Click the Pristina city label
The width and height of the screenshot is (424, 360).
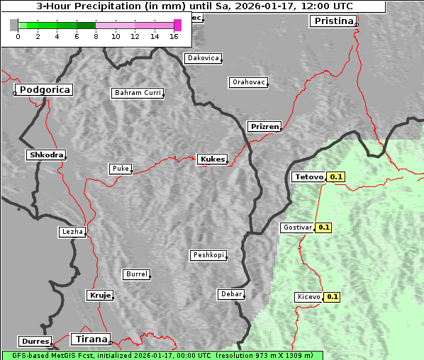point(333,21)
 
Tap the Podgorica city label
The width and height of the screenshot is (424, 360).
point(45,90)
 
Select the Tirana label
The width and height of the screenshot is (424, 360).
point(90,339)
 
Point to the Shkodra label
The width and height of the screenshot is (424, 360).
point(46,154)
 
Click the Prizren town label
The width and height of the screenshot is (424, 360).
point(264,127)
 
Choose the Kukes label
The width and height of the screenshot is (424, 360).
point(212,159)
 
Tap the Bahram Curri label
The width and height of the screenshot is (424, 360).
point(138,93)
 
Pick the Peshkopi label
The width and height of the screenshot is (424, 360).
point(208,255)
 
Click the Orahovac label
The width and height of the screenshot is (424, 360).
point(248,82)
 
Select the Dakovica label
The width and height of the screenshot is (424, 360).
point(202,58)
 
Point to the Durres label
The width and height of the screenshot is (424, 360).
point(35,342)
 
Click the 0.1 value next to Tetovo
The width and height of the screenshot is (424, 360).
point(336,176)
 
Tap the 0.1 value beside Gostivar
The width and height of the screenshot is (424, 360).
point(324,227)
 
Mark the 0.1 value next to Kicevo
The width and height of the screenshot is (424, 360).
point(333,297)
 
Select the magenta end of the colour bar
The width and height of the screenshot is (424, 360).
point(177,25)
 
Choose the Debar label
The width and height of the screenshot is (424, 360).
point(231,294)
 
